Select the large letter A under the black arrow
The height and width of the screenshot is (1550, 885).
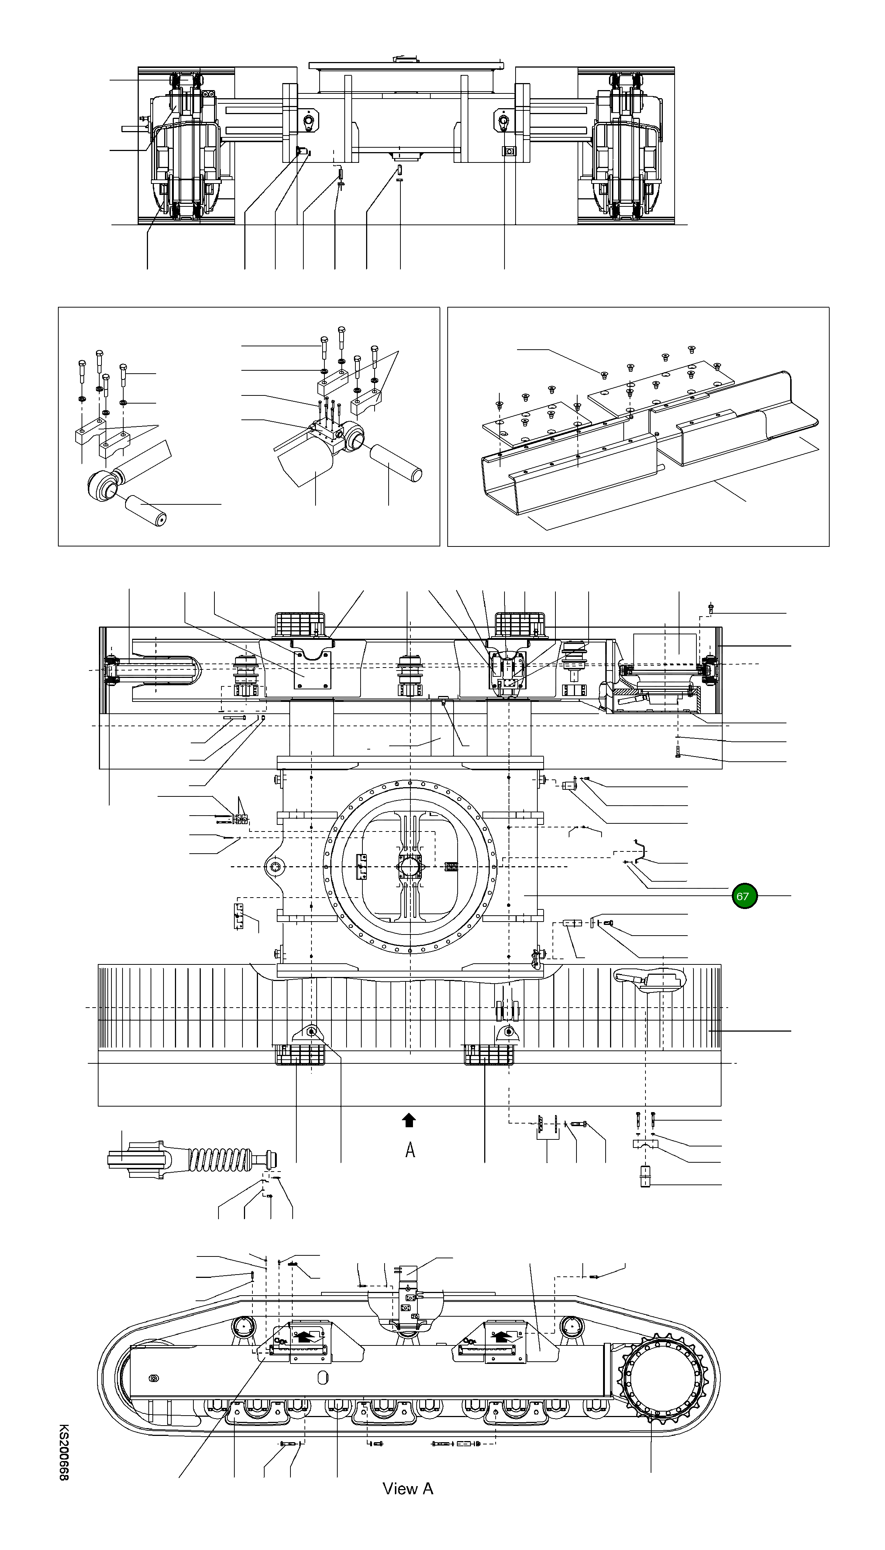[410, 1150]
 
